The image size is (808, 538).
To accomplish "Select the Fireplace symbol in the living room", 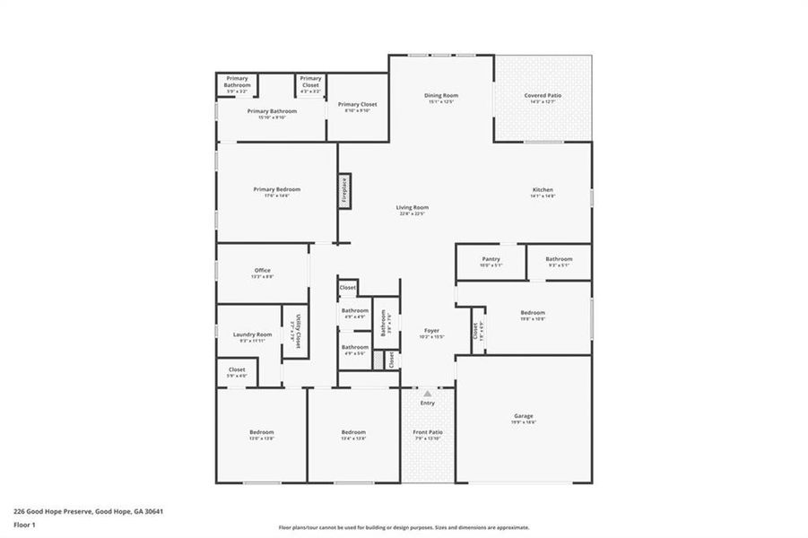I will [x=343, y=191].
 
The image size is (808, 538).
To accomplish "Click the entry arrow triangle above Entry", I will [x=427, y=393].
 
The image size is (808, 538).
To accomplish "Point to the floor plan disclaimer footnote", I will [x=404, y=527].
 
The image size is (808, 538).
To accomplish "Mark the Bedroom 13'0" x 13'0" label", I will [x=261, y=435].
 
